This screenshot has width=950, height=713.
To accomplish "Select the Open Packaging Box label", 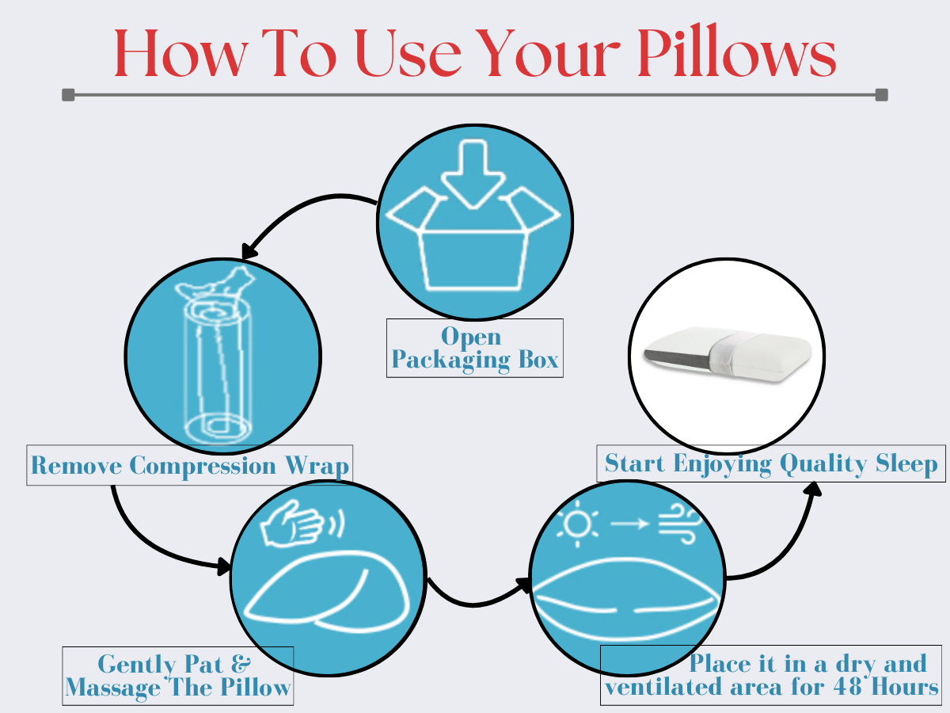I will coord(475,349).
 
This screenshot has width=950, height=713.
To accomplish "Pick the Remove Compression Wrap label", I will coord(189,466).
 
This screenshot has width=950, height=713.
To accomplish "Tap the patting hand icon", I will coord(294,523).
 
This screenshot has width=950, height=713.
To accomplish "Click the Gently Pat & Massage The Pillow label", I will coord(178,676).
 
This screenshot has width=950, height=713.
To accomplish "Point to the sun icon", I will coord(576,524).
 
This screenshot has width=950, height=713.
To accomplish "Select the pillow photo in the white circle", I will coord(726,352).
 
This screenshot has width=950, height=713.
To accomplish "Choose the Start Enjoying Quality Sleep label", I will coord(771,463).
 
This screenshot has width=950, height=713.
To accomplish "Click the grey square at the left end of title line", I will coord(68,95).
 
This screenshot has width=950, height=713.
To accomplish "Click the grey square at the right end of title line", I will coord(882,95).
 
